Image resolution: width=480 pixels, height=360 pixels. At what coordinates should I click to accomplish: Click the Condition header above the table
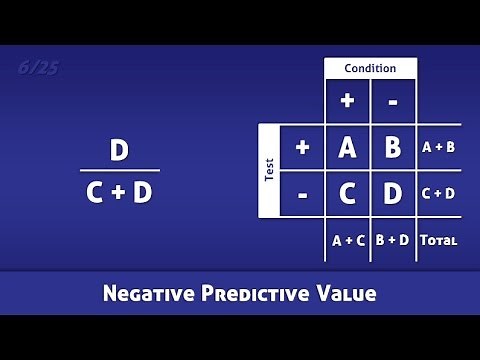tap(370, 68)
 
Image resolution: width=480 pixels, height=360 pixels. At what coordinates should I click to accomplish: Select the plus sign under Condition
tap(347, 101)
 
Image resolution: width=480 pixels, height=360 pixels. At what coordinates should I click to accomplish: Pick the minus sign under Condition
tap(393, 101)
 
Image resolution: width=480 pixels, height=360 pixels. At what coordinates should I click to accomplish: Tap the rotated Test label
tap(269, 170)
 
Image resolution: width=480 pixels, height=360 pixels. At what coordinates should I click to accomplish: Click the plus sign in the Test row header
tap(302, 147)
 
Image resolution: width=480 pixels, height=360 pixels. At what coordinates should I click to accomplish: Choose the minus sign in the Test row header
tap(302, 194)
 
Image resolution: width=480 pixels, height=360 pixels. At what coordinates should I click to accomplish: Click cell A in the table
tap(347, 147)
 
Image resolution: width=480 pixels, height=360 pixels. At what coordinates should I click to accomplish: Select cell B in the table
tap(393, 147)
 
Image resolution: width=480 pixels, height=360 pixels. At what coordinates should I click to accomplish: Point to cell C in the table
tap(347, 194)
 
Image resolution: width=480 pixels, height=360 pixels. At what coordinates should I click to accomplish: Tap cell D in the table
tap(393, 194)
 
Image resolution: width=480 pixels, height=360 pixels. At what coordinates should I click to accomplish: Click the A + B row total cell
tap(438, 147)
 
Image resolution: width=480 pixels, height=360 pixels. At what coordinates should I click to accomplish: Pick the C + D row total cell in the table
tap(438, 194)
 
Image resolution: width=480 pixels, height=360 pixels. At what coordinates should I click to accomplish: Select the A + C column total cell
tap(347, 240)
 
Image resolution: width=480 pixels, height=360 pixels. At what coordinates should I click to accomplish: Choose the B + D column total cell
tap(393, 240)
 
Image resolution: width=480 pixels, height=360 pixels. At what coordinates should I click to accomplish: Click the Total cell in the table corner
tap(438, 240)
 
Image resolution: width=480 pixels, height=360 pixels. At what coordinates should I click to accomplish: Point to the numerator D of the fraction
tap(119, 150)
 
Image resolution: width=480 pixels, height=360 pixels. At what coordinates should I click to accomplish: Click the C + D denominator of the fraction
tap(119, 192)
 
